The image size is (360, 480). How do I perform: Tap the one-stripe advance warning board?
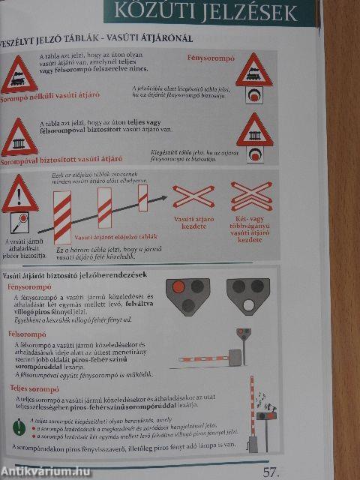click(x=142, y=196)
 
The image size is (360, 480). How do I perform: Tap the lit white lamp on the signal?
click(x=247, y=305)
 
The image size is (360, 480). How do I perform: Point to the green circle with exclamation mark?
click(x=18, y=427)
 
